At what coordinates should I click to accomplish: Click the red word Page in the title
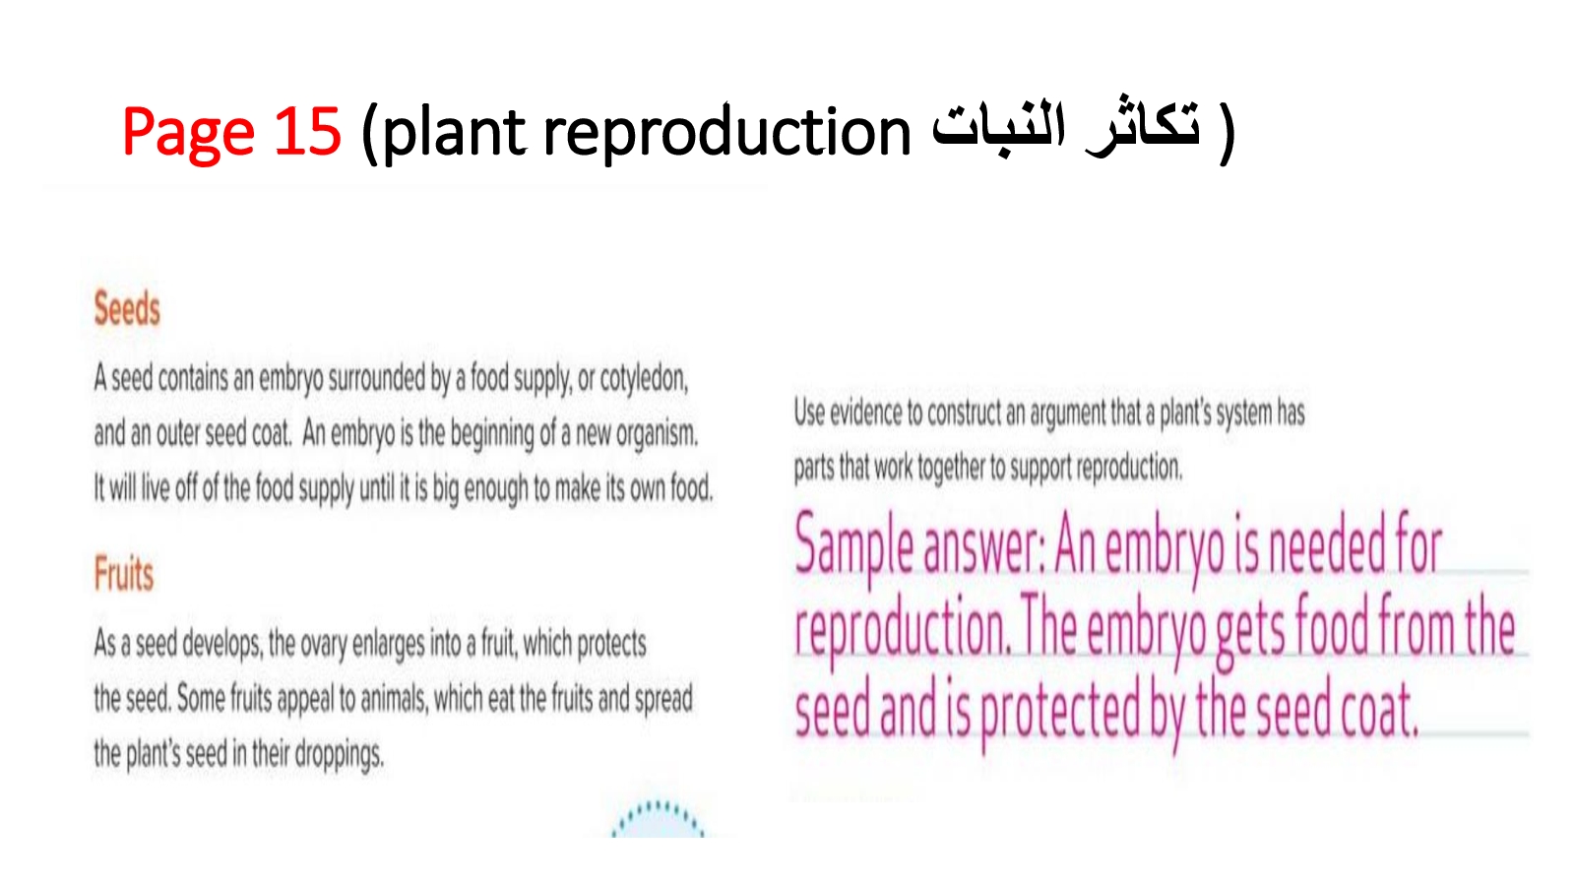[x=188, y=132]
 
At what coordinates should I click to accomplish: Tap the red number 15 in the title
[x=307, y=131]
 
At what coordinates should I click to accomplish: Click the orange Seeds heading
[x=127, y=309]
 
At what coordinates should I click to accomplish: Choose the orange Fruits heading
[x=124, y=574]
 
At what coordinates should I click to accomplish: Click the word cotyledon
[x=644, y=380]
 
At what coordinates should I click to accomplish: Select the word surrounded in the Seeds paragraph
[x=378, y=378]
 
